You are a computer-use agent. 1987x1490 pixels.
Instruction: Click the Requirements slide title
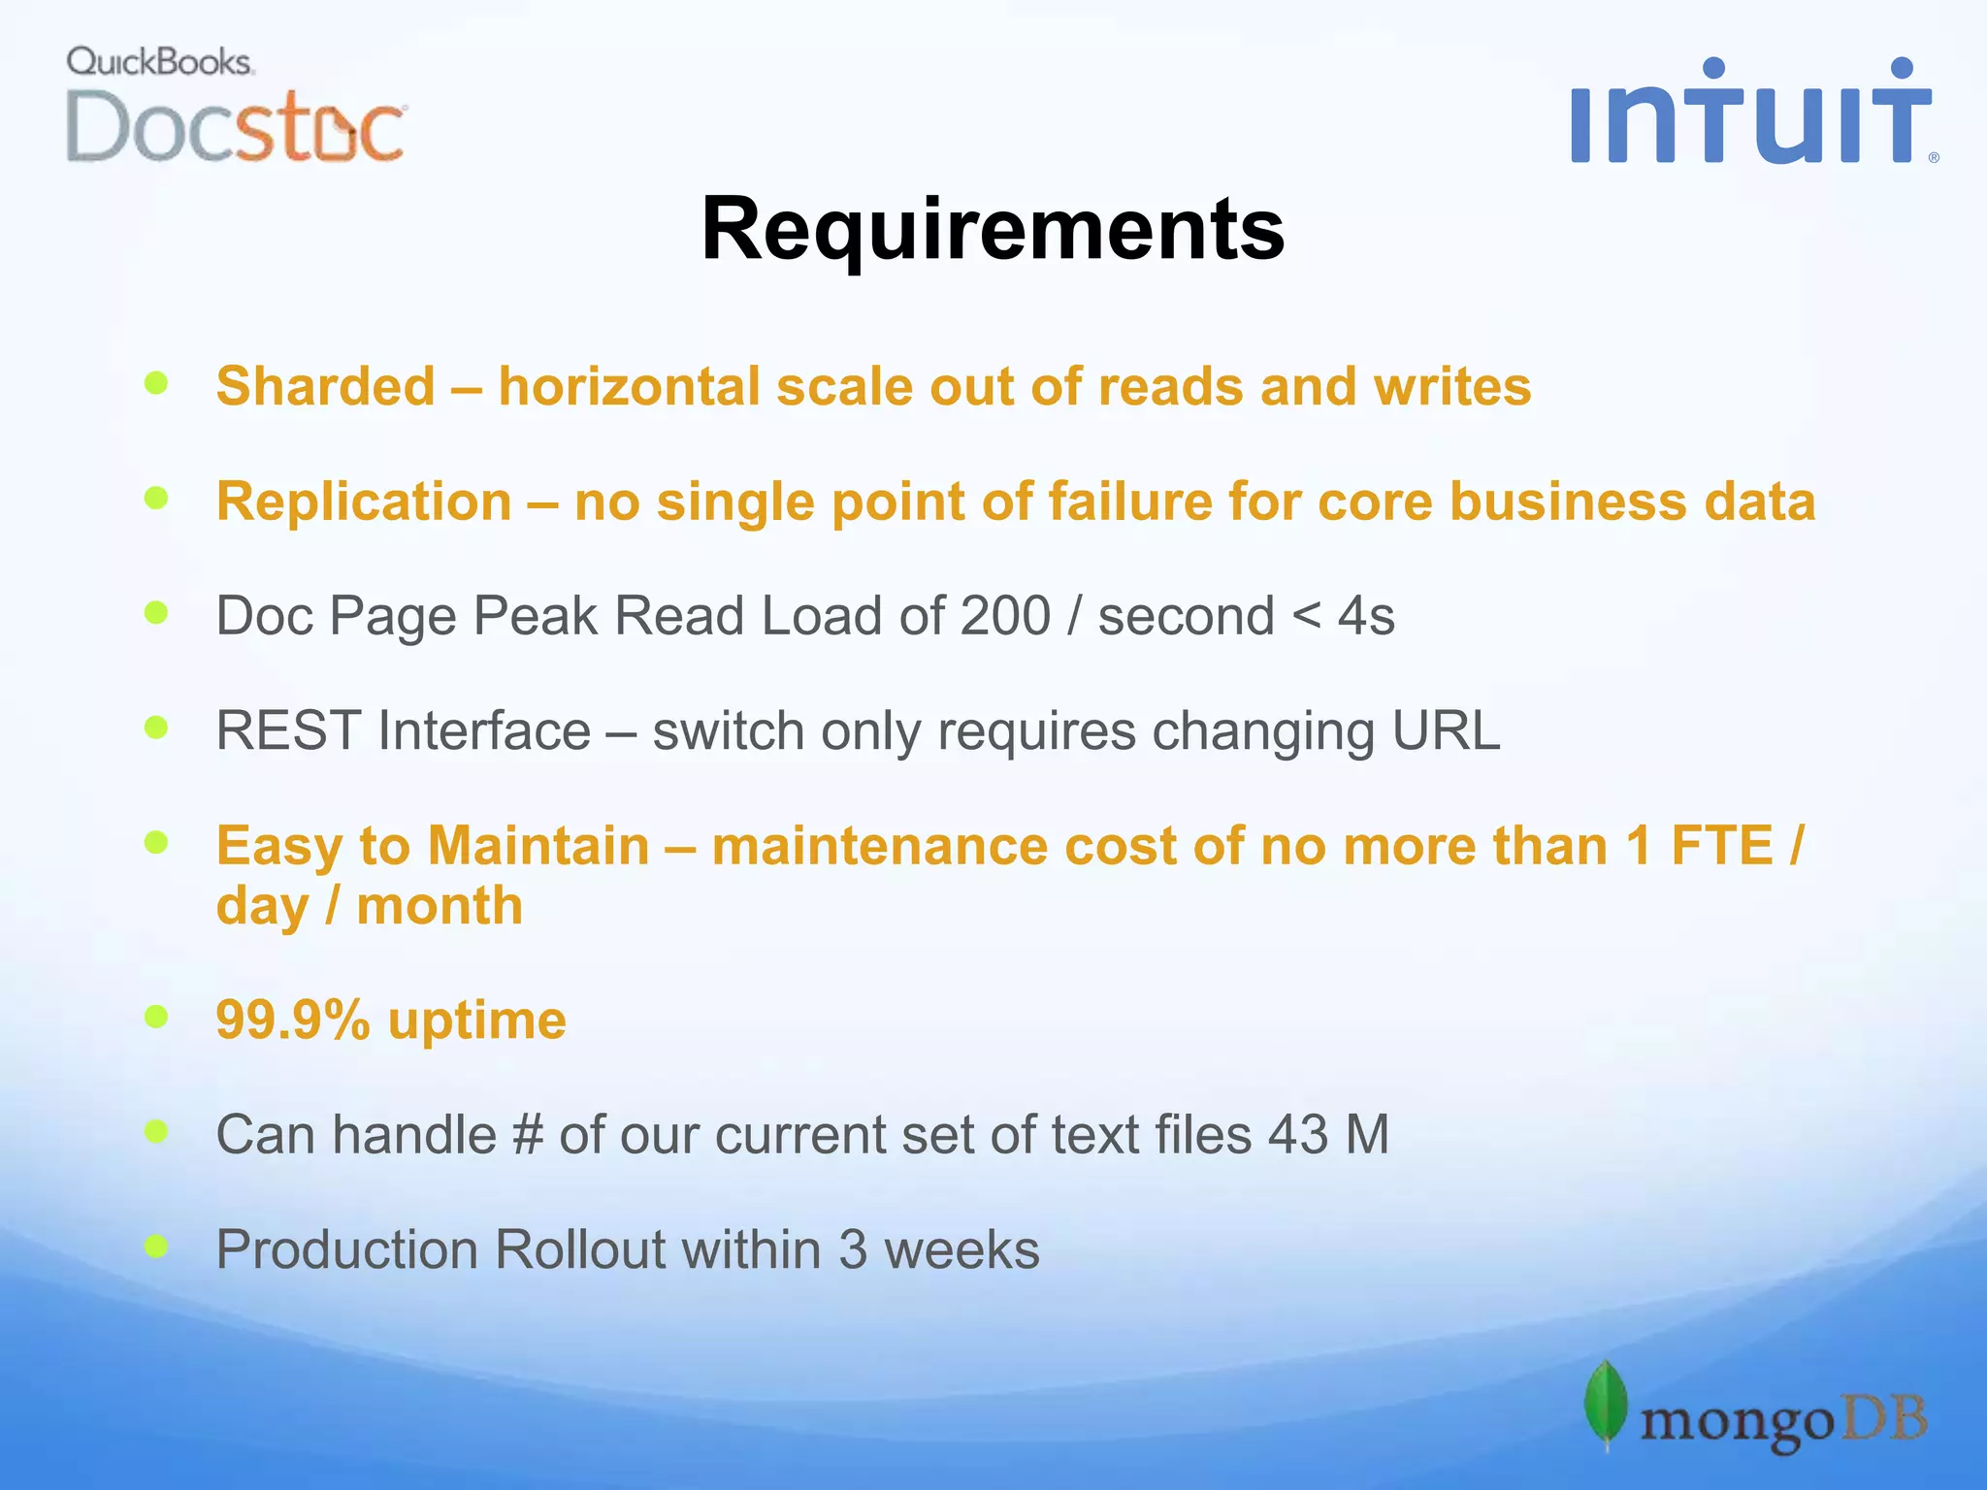click(993, 229)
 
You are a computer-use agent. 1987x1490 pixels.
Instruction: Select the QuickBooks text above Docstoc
click(160, 62)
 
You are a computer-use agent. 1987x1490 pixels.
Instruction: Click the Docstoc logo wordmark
click(236, 127)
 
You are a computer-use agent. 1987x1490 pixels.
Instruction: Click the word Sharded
click(325, 386)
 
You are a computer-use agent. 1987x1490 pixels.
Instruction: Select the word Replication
click(364, 502)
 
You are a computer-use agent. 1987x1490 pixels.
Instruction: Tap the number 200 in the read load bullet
click(1005, 616)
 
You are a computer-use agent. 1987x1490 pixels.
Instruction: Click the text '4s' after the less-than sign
click(1366, 616)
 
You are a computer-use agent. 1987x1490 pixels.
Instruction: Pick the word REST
click(288, 730)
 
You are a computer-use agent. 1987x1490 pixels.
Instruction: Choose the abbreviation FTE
click(1721, 845)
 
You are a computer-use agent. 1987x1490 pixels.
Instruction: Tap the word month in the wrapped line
click(440, 906)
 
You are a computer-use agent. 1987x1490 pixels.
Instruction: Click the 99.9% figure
click(293, 1020)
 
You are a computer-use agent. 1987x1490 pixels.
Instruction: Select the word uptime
click(476, 1020)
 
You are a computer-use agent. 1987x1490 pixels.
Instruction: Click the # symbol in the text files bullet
click(526, 1134)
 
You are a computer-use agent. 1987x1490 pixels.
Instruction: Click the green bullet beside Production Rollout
click(156, 1245)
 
